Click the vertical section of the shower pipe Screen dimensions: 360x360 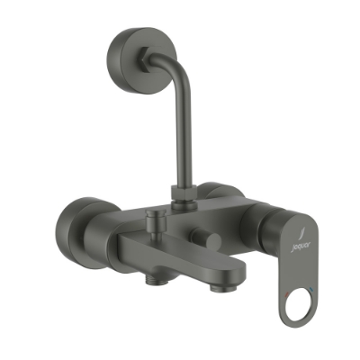tap(179, 144)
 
